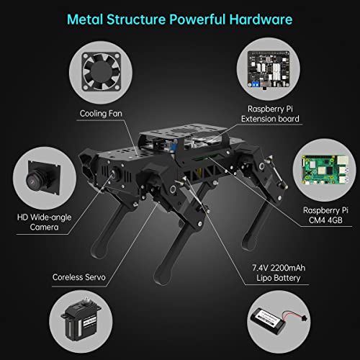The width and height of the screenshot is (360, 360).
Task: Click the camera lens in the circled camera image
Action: tap(36, 176)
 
